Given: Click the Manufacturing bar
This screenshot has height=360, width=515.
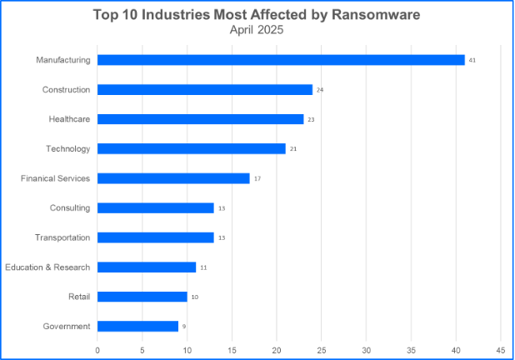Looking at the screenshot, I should point(281,60).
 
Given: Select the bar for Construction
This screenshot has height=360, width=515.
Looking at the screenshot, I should point(205,89).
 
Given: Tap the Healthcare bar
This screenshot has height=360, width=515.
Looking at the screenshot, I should point(200,119).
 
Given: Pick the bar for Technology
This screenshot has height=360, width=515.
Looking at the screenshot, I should point(192,148).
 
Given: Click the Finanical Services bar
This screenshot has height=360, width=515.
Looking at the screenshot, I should point(173,178).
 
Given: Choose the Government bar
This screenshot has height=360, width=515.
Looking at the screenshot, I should point(137,326).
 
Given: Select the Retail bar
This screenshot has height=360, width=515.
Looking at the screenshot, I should point(142,297).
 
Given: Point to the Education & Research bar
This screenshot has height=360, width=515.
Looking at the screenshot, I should point(147,267).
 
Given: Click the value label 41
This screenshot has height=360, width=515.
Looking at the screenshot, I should point(472,60).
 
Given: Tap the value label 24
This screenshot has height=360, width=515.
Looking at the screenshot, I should point(320,89).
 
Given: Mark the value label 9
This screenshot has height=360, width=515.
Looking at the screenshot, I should point(184,327).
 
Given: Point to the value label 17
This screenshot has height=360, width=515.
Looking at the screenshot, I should point(257,178).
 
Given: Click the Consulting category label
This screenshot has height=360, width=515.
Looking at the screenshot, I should point(71,207).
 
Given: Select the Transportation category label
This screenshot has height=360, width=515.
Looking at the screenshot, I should point(62,237).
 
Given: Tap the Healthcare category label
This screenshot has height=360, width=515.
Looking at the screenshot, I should point(69,119).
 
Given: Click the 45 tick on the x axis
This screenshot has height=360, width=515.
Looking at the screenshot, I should point(501,349).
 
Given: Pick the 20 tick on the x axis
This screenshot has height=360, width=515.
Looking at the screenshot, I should point(277,349).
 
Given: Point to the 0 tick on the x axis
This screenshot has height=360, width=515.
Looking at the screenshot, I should point(97,349).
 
